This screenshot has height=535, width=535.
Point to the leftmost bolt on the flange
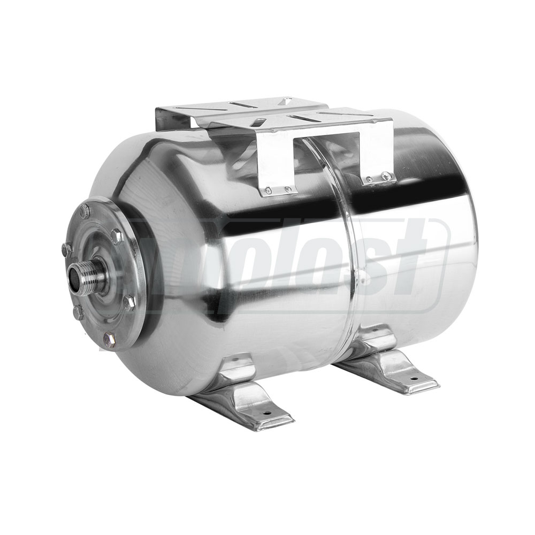click(x=66, y=249)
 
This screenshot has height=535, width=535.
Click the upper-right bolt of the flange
click(x=117, y=236)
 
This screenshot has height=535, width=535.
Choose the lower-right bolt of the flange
click(x=129, y=303)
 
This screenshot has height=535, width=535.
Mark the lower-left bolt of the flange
click(x=78, y=312)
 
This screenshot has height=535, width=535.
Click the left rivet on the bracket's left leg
click(x=269, y=190)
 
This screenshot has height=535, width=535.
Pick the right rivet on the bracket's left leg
click(x=288, y=189)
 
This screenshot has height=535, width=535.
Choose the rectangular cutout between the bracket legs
click(x=332, y=155)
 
